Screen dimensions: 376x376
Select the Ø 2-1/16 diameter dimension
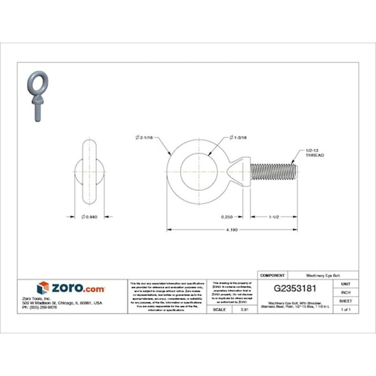point(147,138)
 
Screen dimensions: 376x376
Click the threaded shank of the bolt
point(274,173)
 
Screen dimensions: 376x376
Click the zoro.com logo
point(71,288)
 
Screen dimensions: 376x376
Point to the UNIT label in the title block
point(346,284)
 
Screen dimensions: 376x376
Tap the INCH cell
point(346,292)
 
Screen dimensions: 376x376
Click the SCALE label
point(218,309)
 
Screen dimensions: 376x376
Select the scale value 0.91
point(244,309)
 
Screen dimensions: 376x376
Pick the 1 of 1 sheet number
point(346,309)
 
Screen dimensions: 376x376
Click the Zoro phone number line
point(40,307)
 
